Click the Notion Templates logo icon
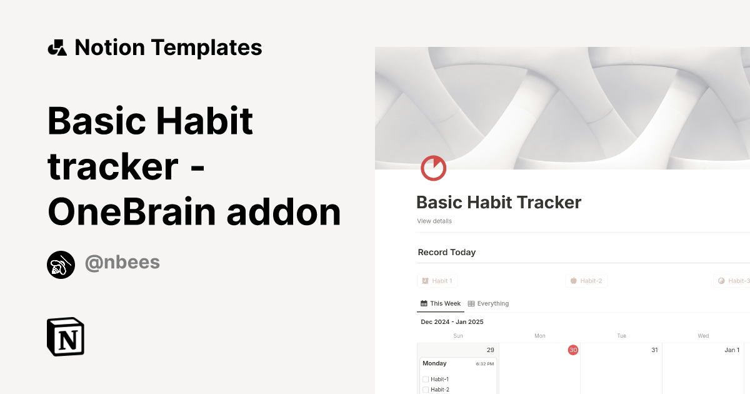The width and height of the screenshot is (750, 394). coord(57,48)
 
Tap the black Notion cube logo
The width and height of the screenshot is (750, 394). coord(66,337)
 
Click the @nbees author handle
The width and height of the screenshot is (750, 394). coord(122,263)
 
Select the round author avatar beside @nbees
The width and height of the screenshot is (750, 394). coord(61,265)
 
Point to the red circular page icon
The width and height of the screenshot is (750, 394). coord(433,168)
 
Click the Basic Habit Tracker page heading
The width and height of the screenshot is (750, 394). coord(499,203)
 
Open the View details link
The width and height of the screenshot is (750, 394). coord(434,221)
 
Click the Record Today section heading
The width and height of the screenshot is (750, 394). coord(447,253)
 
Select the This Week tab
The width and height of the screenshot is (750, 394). coord(441,304)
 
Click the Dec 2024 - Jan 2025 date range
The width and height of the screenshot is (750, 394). coord(452,322)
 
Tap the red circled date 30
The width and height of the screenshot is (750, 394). coord(573,350)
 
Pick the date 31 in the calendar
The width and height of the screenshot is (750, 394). coord(654,350)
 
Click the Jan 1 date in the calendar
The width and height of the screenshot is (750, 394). coord(732,350)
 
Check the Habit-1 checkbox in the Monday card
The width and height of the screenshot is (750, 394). coord(426,380)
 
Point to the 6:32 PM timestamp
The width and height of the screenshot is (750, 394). coord(485,364)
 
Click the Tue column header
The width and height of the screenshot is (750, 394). coord(621,336)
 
